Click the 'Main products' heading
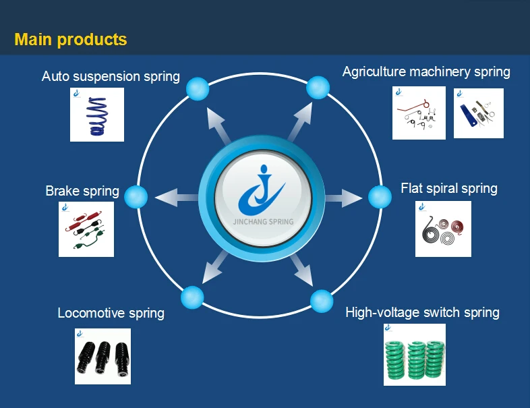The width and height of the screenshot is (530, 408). tap(71, 39)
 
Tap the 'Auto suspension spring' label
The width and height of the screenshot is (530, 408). tap(111, 76)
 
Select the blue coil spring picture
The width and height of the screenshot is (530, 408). tap(97, 115)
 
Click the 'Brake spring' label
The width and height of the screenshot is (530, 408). tap(82, 191)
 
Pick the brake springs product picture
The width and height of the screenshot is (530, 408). tap(86, 229)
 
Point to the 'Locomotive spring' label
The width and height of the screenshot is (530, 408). tap(111, 313)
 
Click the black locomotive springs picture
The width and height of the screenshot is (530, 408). tap(102, 355)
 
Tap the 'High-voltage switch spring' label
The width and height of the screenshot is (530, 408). tap(422, 312)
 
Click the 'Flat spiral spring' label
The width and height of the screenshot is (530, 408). tap(449, 188)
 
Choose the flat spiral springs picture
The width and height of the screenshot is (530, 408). tap(443, 229)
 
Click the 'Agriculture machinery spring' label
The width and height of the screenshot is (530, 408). tap(426, 71)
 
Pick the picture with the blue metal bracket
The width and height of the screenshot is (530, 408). tap(478, 113)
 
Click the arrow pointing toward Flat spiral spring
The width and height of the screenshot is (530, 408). tap(344, 198)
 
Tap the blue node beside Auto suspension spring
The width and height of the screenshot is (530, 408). tap(198, 88)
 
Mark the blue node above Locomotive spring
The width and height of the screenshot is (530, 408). tap(192, 297)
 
